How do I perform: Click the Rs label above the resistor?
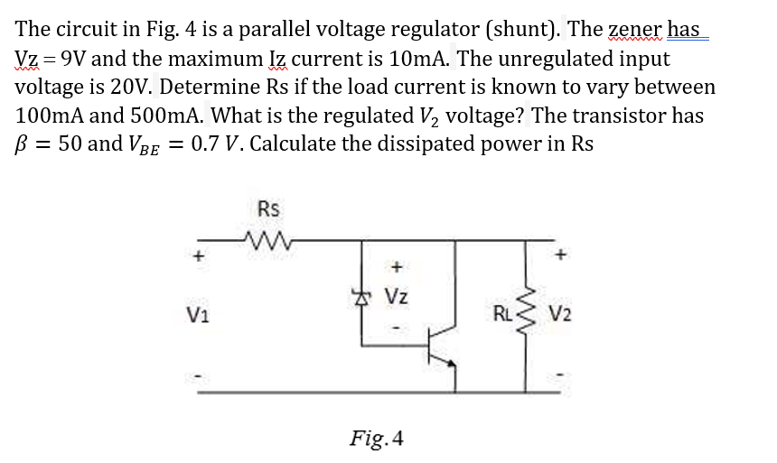tap(268, 209)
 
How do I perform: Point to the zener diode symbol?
tap(364, 293)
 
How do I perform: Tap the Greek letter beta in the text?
tap(23, 144)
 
